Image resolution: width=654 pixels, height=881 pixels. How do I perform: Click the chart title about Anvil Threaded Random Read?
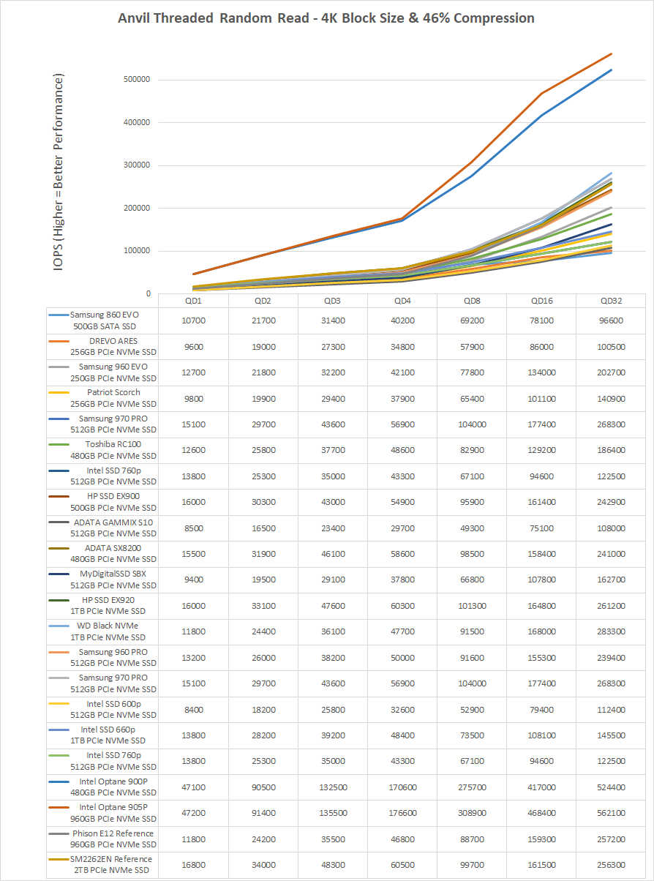tap(326, 18)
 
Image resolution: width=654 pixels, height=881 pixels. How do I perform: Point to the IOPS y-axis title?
tap(58, 173)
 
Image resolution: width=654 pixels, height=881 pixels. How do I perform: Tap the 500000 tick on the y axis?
tap(137, 80)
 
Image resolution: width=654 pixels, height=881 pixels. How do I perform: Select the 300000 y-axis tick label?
tap(137, 165)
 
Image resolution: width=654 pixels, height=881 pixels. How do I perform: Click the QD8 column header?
tap(472, 301)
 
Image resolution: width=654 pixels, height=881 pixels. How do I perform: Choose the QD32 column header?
tap(611, 301)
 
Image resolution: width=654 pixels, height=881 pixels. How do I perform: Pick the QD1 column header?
tap(193, 301)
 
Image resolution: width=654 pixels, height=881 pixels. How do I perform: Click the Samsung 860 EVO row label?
tap(105, 320)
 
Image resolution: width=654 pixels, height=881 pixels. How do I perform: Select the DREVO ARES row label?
tap(113, 346)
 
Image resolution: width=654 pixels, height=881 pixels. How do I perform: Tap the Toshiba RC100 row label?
tap(113, 450)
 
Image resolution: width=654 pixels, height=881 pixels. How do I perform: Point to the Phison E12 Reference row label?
tap(113, 839)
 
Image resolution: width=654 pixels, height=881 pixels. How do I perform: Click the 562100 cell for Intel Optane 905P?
tap(611, 813)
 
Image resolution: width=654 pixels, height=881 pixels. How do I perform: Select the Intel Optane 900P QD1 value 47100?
tap(193, 787)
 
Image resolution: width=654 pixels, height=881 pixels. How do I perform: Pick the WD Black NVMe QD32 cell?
tap(611, 631)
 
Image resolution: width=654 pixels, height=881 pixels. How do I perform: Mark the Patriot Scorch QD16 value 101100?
tap(541, 398)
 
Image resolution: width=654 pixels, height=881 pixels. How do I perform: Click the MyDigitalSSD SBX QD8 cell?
tap(472, 580)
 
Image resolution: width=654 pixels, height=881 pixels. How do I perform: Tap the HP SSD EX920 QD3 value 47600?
tap(333, 606)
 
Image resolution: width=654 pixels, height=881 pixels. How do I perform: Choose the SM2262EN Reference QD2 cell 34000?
tap(263, 865)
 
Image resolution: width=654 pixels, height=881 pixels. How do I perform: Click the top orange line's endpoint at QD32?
tap(611, 53)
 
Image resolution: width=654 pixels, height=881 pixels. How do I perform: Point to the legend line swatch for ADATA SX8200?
tap(59, 548)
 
